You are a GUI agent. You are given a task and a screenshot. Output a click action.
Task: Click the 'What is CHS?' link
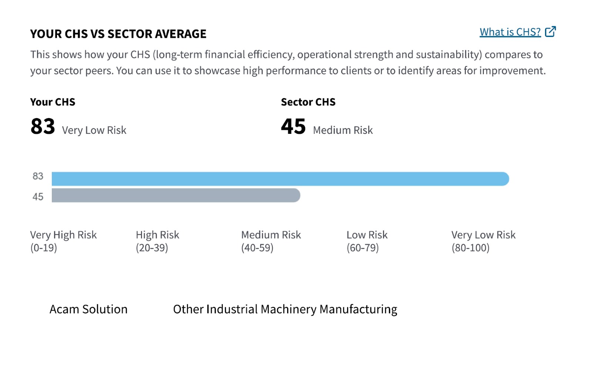[x=510, y=32]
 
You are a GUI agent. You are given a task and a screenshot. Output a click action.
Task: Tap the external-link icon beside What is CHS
[x=551, y=32]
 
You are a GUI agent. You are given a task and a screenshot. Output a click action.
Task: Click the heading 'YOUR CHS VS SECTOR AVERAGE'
[x=118, y=34]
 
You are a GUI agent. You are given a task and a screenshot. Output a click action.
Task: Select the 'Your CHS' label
[x=53, y=102]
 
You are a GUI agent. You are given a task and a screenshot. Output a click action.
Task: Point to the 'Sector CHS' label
[x=308, y=102]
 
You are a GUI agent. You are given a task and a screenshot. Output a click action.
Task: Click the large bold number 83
[x=43, y=126]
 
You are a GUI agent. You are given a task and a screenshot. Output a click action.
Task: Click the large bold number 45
[x=293, y=126]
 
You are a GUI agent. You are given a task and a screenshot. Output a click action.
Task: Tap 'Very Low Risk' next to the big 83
[x=94, y=130]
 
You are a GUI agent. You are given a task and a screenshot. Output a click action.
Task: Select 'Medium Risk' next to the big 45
[x=343, y=130]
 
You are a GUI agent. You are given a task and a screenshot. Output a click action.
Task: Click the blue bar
[x=280, y=179]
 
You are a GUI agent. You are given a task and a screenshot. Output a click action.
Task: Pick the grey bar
[x=176, y=196]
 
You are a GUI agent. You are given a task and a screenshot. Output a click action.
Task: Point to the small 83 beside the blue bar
[x=38, y=176]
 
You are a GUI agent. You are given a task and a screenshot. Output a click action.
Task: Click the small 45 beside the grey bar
[x=38, y=197]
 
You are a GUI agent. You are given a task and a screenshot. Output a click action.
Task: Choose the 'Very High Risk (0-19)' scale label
[x=63, y=241]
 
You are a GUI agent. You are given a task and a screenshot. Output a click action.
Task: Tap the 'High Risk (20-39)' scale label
[x=158, y=241]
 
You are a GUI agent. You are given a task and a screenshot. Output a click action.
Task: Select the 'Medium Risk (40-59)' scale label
[x=271, y=241]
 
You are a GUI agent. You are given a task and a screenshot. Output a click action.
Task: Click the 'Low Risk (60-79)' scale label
[x=367, y=241]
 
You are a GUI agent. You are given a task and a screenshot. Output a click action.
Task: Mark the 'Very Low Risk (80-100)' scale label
[x=483, y=241]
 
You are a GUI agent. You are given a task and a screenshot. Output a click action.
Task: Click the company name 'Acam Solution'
[x=88, y=309]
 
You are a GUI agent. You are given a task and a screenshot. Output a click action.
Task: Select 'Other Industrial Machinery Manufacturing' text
[x=285, y=309]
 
